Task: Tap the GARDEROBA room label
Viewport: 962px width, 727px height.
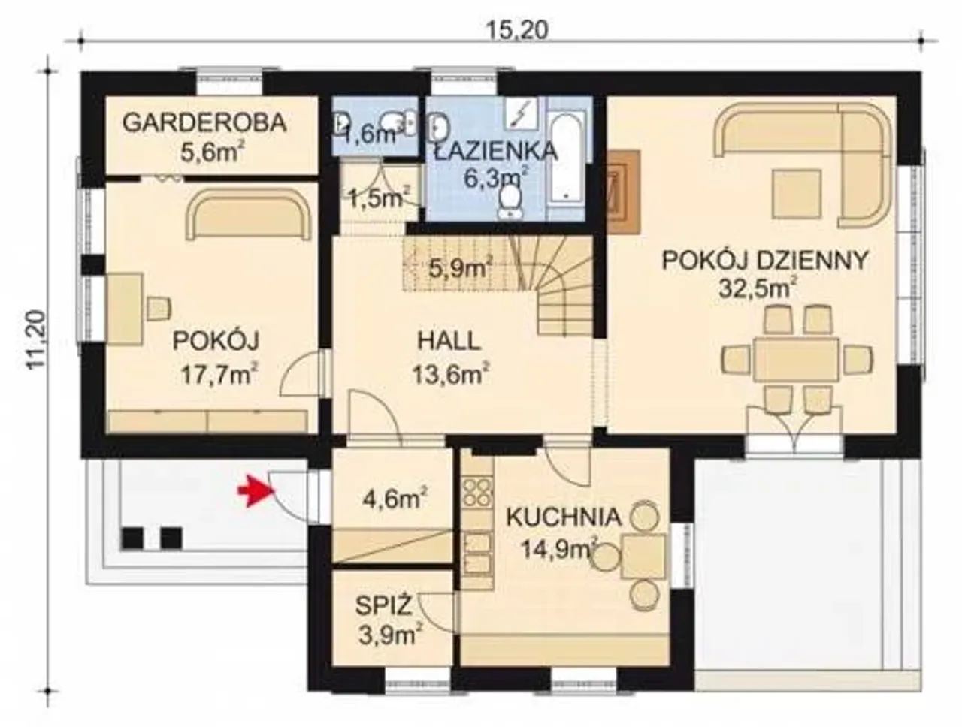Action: click(204, 123)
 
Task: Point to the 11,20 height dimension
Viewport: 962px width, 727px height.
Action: click(36, 339)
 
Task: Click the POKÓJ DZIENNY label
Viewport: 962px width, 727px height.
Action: click(765, 260)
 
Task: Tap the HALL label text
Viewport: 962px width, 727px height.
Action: click(449, 341)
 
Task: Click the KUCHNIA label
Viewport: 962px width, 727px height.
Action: click(564, 517)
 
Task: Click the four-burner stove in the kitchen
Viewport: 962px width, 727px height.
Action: click(476, 492)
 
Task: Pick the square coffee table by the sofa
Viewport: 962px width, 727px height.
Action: click(797, 194)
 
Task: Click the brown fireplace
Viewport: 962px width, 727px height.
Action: click(624, 191)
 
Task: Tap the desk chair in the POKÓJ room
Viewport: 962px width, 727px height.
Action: click(159, 308)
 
